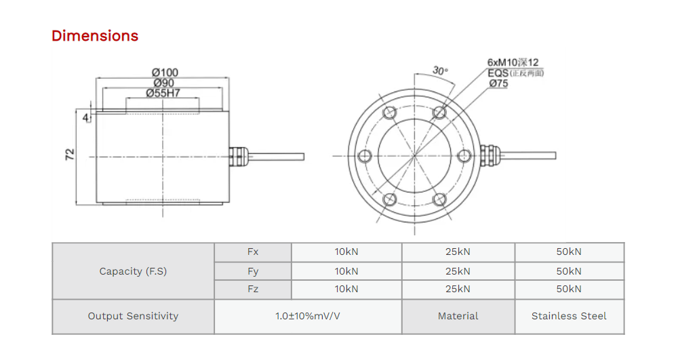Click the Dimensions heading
[x=95, y=36]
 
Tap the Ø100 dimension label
[x=165, y=73]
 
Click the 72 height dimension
[x=69, y=155]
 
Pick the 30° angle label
[x=440, y=71]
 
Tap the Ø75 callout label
[x=498, y=83]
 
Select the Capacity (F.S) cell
[x=133, y=271]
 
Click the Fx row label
[x=253, y=252]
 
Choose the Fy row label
[x=253, y=271]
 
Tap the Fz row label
[x=253, y=289]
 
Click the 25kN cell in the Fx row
[x=458, y=252]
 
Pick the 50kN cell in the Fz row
[x=569, y=289]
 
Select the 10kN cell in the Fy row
[x=346, y=271]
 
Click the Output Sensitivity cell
[x=133, y=316]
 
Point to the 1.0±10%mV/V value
[x=308, y=316]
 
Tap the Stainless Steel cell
[x=569, y=316]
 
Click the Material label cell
[x=458, y=316]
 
